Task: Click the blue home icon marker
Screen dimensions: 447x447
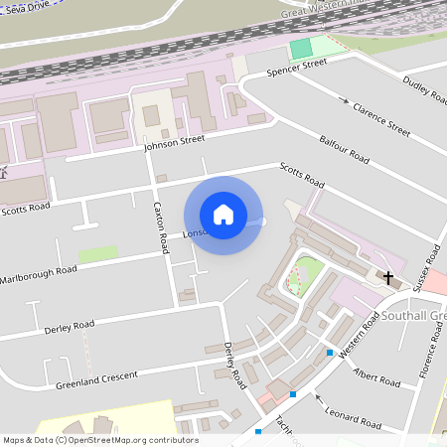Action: (223, 215)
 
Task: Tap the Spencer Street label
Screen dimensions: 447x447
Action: (299, 67)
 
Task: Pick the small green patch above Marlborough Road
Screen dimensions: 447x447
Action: (97, 254)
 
